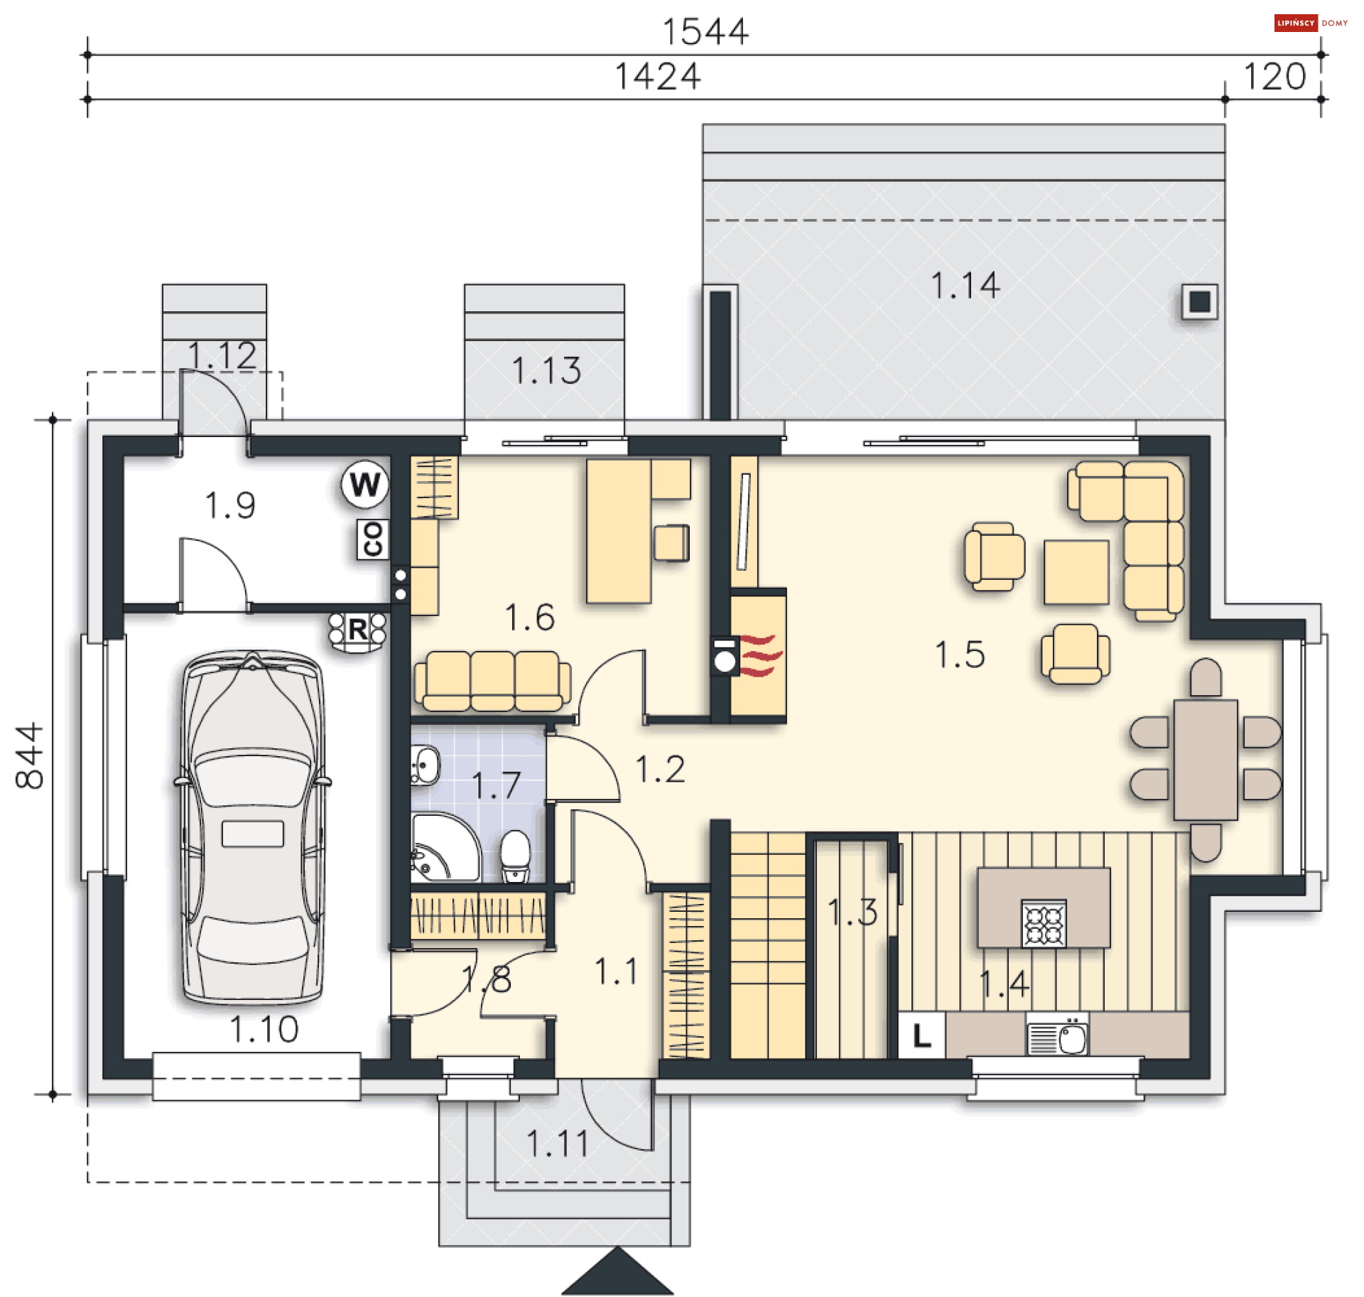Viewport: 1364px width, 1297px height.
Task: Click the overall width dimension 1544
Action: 705,32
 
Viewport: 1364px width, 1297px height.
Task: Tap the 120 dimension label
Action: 1274,77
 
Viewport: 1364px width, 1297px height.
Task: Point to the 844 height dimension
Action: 30,756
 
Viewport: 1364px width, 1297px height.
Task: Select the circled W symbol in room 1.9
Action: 365,485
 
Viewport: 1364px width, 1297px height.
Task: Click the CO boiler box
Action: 373,539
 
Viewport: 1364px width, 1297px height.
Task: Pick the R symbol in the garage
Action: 357,630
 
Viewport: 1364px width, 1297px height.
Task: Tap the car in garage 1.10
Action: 253,827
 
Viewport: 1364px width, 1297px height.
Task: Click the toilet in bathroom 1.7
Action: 516,856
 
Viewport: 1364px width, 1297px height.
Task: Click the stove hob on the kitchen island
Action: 1044,924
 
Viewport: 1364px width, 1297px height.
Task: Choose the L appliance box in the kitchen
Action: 921,1035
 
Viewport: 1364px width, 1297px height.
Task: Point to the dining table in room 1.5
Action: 1206,760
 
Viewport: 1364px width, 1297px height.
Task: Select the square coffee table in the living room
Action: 1076,572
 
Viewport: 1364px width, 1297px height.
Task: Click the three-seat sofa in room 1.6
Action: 492,681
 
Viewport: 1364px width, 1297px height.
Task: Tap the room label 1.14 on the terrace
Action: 965,286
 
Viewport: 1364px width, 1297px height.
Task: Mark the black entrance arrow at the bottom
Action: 617,1272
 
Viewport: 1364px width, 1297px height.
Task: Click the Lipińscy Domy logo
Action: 1311,23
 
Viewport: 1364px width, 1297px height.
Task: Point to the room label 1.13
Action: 546,371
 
